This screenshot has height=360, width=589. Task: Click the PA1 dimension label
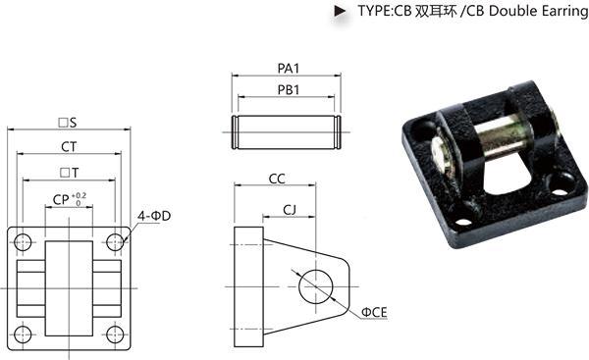pos(288,69)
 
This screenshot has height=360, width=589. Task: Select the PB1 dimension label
pos(288,90)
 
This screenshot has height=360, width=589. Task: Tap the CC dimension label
pos(277,179)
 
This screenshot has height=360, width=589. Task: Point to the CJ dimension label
pos(290,210)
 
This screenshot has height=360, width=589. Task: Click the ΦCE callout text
pos(374,312)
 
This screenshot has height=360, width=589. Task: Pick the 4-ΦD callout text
pos(154,216)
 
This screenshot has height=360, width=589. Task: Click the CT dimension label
pos(69,147)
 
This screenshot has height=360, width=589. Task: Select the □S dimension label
pos(68,123)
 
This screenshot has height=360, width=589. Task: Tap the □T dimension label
pos(70,173)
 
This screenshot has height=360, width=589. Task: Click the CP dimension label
pos(61,200)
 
